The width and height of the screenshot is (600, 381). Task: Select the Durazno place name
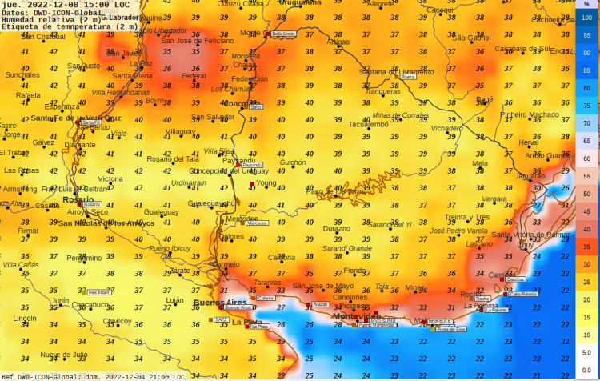[x=336, y=228]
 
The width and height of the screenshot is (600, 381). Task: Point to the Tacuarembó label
[x=368, y=124]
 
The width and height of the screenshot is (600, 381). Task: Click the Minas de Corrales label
[x=400, y=115]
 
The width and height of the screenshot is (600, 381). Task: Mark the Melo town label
[x=480, y=163]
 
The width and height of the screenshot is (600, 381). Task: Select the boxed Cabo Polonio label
[x=523, y=294]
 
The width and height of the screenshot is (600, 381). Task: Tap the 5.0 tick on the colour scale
[x=586, y=352]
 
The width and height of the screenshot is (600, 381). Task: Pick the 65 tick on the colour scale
[x=586, y=141]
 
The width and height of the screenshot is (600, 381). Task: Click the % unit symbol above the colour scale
[x=587, y=5]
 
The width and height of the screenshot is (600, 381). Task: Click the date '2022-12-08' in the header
[x=54, y=5]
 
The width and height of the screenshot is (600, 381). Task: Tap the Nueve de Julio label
[x=64, y=354]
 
